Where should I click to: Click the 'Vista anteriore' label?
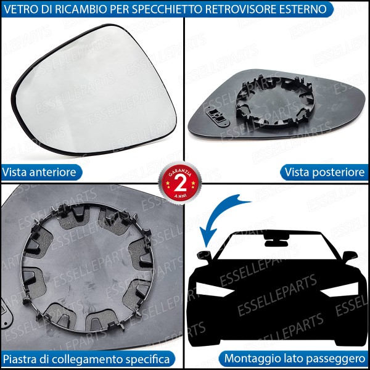coord(39,172)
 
